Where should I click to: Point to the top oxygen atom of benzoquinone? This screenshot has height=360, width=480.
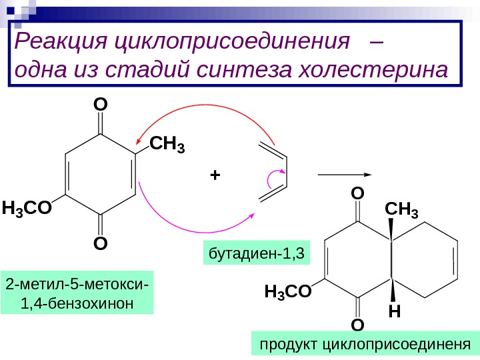(100, 105)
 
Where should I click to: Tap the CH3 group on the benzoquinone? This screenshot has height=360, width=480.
(167, 143)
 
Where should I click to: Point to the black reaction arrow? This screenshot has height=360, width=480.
(345, 175)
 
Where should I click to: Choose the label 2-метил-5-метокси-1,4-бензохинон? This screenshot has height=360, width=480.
(77, 292)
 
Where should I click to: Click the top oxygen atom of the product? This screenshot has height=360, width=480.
(357, 193)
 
